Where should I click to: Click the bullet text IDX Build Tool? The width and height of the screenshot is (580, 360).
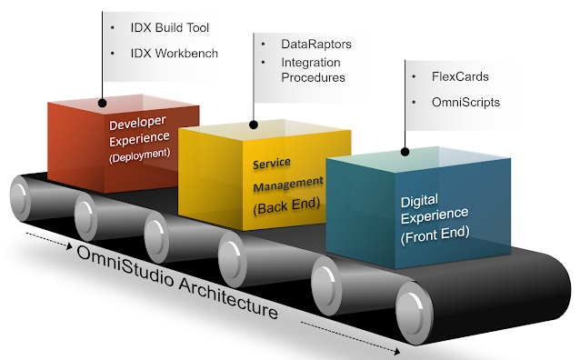click(x=169, y=28)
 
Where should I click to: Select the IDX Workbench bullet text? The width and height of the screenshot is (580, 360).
click(x=174, y=54)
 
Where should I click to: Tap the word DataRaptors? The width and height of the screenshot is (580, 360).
click(x=315, y=44)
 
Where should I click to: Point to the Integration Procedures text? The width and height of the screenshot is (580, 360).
click(x=313, y=70)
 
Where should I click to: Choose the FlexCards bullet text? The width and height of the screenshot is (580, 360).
click(x=460, y=76)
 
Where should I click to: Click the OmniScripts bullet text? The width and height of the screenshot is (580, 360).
click(x=465, y=102)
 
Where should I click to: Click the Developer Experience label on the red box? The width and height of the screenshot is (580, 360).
click(x=139, y=131)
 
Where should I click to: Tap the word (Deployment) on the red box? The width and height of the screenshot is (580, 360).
click(x=139, y=155)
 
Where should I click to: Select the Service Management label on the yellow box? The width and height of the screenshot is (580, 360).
click(x=288, y=175)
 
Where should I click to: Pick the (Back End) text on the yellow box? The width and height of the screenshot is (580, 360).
click(x=286, y=205)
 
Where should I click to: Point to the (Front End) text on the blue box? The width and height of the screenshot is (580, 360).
click(x=435, y=235)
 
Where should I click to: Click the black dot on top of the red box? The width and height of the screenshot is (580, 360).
click(x=103, y=103)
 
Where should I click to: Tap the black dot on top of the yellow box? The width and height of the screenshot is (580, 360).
click(x=254, y=125)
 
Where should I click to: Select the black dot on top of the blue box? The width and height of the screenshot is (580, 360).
click(x=405, y=152)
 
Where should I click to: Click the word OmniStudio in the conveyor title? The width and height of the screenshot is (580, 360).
click(x=125, y=266)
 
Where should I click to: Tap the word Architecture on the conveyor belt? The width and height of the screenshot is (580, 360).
click(x=228, y=299)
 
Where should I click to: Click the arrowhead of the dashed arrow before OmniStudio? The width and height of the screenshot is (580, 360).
click(x=69, y=245)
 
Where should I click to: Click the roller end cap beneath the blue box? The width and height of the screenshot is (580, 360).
click(x=413, y=313)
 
